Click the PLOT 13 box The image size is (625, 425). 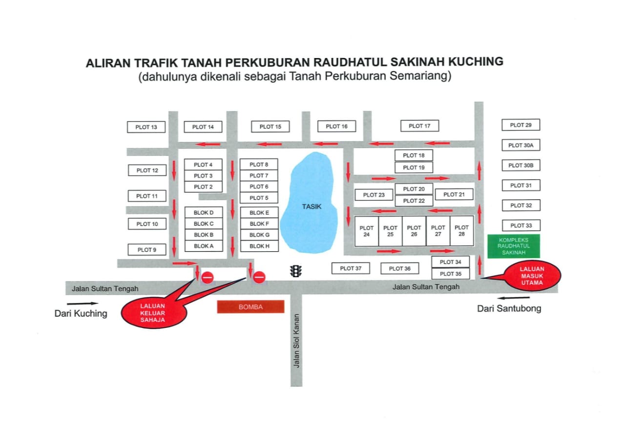point(146,127)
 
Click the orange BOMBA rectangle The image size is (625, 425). point(250,307)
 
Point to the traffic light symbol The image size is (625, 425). point(295,271)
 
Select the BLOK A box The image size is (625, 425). point(204,246)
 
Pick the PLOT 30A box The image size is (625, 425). point(521,145)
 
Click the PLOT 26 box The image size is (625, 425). point(414,231)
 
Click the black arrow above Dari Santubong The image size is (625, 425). point(513,298)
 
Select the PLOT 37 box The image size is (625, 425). point(351,268)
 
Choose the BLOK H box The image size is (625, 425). point(259,246)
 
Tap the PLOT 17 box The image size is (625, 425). point(419,126)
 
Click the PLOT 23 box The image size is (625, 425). point(374,195)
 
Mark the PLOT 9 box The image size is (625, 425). point(146,250)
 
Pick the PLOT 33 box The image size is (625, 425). point(521,225)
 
